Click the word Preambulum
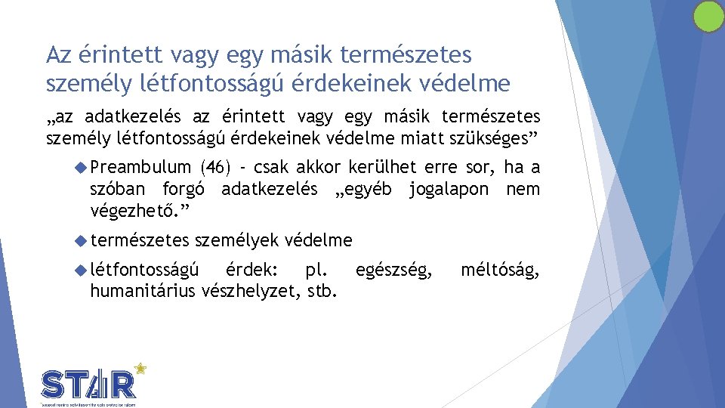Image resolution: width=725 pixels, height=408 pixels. tap(140, 168)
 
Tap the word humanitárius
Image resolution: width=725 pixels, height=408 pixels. tap(142, 290)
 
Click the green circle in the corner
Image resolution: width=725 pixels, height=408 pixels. tap(708, 17)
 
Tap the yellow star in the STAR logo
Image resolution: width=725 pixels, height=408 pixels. tap(140, 369)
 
